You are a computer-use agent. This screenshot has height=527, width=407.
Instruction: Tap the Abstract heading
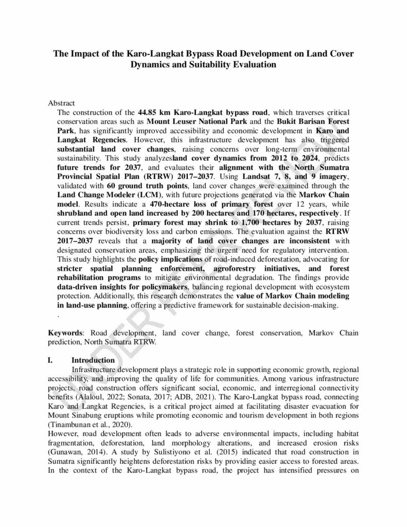coord(61,103)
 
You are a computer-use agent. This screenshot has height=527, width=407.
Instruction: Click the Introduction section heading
coord(93,360)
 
